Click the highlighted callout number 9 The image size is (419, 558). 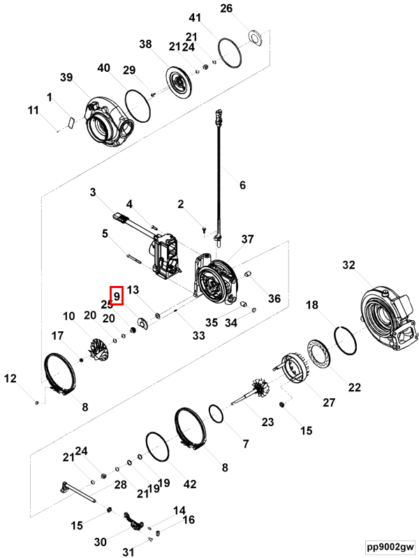[117, 296]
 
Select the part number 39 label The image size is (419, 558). [66, 77]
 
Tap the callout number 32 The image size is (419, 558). [349, 265]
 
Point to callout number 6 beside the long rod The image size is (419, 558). [242, 186]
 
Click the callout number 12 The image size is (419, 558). [10, 379]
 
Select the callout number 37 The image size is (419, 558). [248, 239]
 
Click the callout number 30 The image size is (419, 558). [100, 541]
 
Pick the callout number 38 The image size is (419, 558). [145, 45]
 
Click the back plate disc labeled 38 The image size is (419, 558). [179, 83]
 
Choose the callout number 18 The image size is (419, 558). [312, 305]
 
